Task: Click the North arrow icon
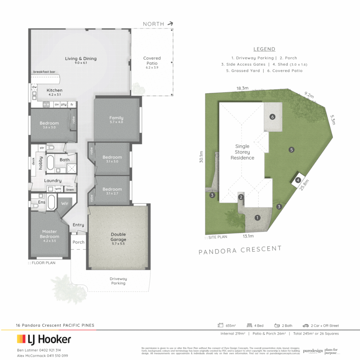tap(171, 24)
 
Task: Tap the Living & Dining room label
tap(81, 59)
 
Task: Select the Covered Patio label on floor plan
tap(152, 60)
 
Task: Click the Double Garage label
tap(118, 237)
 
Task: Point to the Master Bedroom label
tap(49, 234)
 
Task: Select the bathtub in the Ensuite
tap(51, 202)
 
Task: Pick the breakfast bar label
tap(44, 72)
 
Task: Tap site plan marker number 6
tap(273, 117)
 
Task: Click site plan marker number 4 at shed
tap(298, 180)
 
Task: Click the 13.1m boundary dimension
tap(248, 236)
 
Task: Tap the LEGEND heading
tap(264, 49)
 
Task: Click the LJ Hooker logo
tap(44, 339)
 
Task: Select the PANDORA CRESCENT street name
tap(240, 250)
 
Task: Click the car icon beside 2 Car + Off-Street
tap(305, 325)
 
